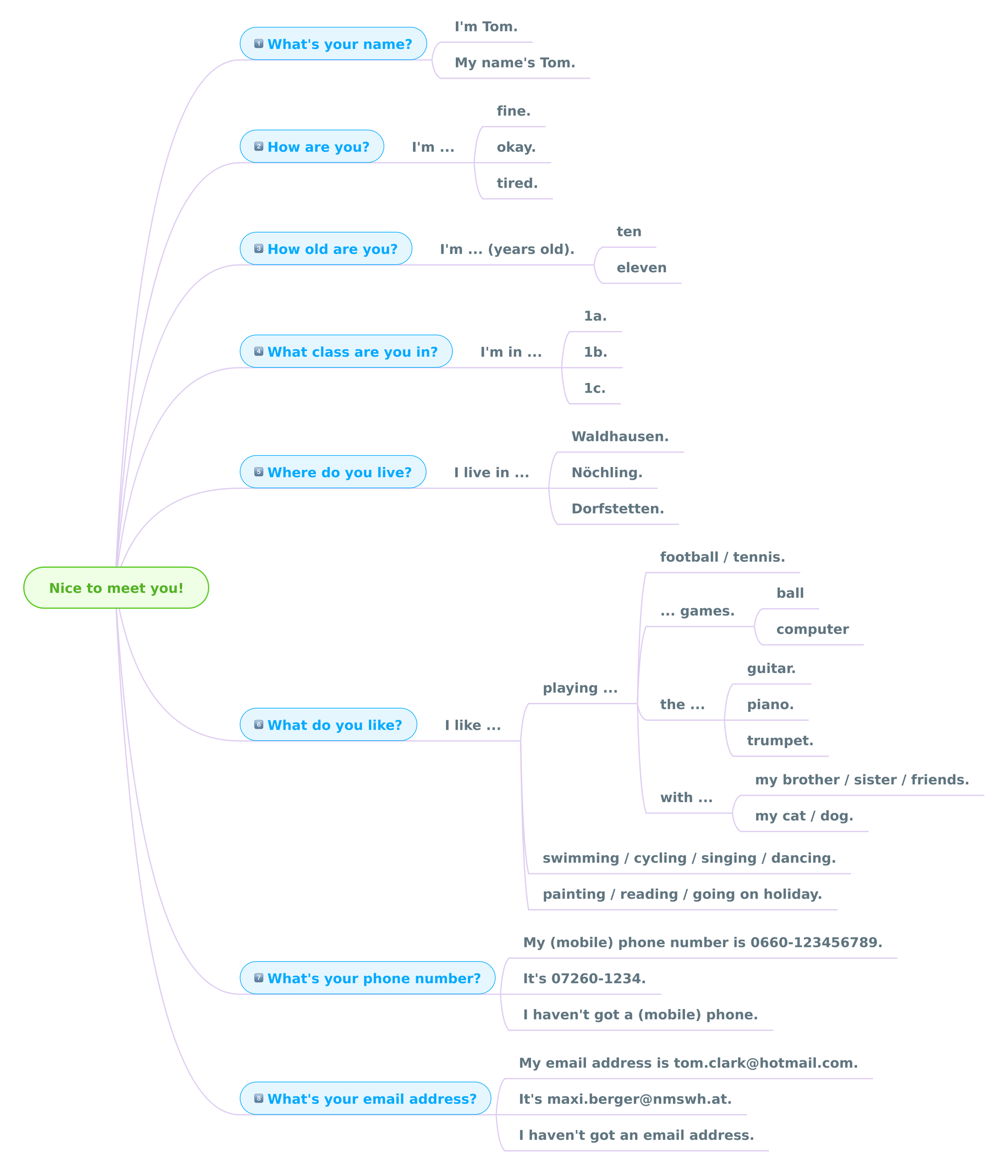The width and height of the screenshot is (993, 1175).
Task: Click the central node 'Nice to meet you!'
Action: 116,588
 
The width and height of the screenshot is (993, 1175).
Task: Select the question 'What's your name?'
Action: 333,44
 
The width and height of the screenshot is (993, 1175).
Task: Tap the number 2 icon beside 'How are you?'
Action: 259,146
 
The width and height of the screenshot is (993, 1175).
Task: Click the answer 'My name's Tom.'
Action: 515,63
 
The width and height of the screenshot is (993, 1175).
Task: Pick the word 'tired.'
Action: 517,183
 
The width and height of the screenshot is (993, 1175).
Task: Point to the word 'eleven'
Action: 642,267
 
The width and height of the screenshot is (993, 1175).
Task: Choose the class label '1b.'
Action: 595,352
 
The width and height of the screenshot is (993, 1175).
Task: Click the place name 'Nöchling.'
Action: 607,472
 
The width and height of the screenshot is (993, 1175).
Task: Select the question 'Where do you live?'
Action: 333,472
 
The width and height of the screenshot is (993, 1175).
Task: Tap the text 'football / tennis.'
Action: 723,557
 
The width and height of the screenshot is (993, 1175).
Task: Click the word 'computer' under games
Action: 812,629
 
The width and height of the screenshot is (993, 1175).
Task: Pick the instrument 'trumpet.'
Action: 780,741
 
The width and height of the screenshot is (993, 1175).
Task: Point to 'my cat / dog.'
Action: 804,816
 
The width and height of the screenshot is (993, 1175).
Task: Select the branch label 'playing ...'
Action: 581,688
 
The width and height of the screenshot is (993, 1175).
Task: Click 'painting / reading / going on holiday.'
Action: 682,894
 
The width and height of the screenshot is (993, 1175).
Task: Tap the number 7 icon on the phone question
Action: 259,978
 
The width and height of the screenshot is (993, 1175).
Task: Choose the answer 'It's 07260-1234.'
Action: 584,979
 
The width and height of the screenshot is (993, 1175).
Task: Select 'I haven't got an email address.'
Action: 636,1135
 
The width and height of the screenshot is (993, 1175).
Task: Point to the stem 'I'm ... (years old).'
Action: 507,249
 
